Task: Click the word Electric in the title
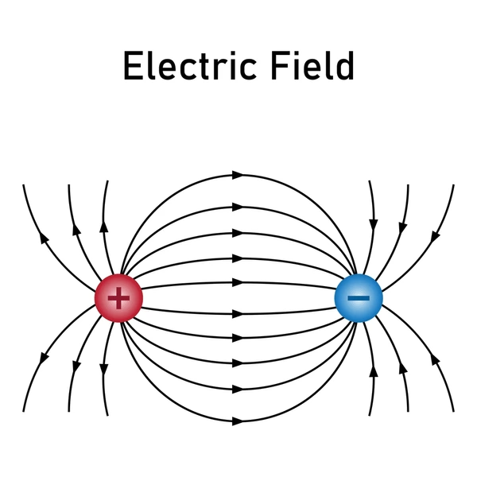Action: pos(190,65)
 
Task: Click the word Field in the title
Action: pos(312,65)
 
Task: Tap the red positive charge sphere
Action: pos(118,298)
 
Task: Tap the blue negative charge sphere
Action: pos(359,298)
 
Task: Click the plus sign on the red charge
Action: pos(118,298)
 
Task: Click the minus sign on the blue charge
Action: pos(359,298)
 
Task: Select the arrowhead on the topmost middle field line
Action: pos(238,175)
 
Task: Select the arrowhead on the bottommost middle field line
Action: pos(238,421)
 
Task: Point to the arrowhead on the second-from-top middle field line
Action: pos(238,207)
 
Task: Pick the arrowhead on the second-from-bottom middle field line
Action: pos(238,389)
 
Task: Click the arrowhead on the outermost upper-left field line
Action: pos(44,238)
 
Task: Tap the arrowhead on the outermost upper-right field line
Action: pos(436,236)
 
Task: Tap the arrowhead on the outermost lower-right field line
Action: pos(436,359)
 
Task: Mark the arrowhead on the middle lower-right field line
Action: pos(403,368)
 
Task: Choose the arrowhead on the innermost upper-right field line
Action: pos(374,224)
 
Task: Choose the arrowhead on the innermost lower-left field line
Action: pos(104,370)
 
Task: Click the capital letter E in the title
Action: pos(134,66)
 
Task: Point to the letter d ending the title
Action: pos(345,65)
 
